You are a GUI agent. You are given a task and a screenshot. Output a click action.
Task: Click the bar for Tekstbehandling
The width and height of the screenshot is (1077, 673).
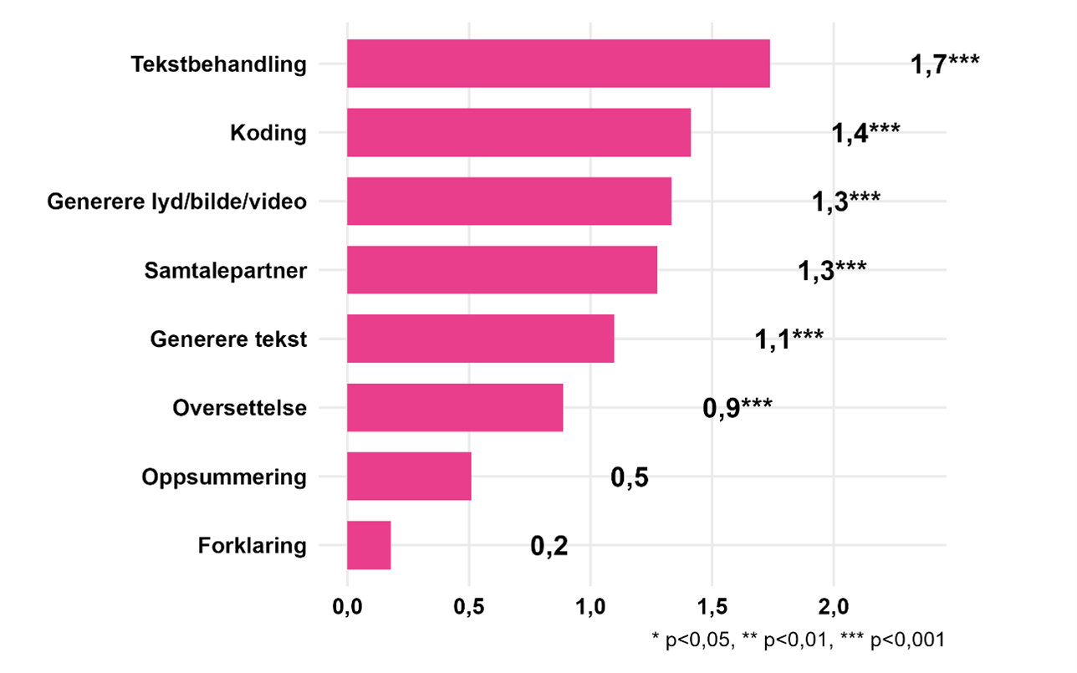point(558,64)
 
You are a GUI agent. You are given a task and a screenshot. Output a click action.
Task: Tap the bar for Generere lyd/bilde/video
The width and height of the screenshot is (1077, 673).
point(508,201)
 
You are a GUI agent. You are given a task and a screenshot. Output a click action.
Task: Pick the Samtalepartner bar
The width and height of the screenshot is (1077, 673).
point(502,270)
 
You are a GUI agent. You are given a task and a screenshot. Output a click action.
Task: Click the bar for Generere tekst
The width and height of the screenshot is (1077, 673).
point(480,339)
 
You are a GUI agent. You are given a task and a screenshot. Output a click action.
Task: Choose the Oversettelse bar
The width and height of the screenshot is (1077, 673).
point(455,408)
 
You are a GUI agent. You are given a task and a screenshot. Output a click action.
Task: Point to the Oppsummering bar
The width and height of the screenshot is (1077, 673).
point(409,477)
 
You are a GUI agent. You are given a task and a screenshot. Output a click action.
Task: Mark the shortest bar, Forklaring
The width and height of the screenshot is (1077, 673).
point(369,545)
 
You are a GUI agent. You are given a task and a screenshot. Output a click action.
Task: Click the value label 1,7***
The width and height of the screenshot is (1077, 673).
point(944,64)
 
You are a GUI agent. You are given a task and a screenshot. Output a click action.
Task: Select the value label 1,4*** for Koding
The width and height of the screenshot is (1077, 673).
point(865,133)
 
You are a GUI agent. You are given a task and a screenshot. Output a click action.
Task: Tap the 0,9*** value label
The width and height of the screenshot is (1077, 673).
point(737,409)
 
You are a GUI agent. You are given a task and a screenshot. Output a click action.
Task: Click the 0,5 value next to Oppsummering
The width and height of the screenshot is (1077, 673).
point(629,477)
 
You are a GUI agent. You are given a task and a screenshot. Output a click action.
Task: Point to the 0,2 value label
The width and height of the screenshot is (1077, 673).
point(549,546)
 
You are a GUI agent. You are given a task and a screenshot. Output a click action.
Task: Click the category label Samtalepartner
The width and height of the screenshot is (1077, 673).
point(225,270)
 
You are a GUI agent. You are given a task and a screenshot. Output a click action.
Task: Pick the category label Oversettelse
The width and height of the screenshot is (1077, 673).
point(239,408)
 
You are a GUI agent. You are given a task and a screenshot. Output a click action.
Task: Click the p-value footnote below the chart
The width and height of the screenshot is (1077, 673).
point(798,640)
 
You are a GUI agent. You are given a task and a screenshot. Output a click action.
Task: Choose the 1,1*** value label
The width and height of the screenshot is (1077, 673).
point(789,339)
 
